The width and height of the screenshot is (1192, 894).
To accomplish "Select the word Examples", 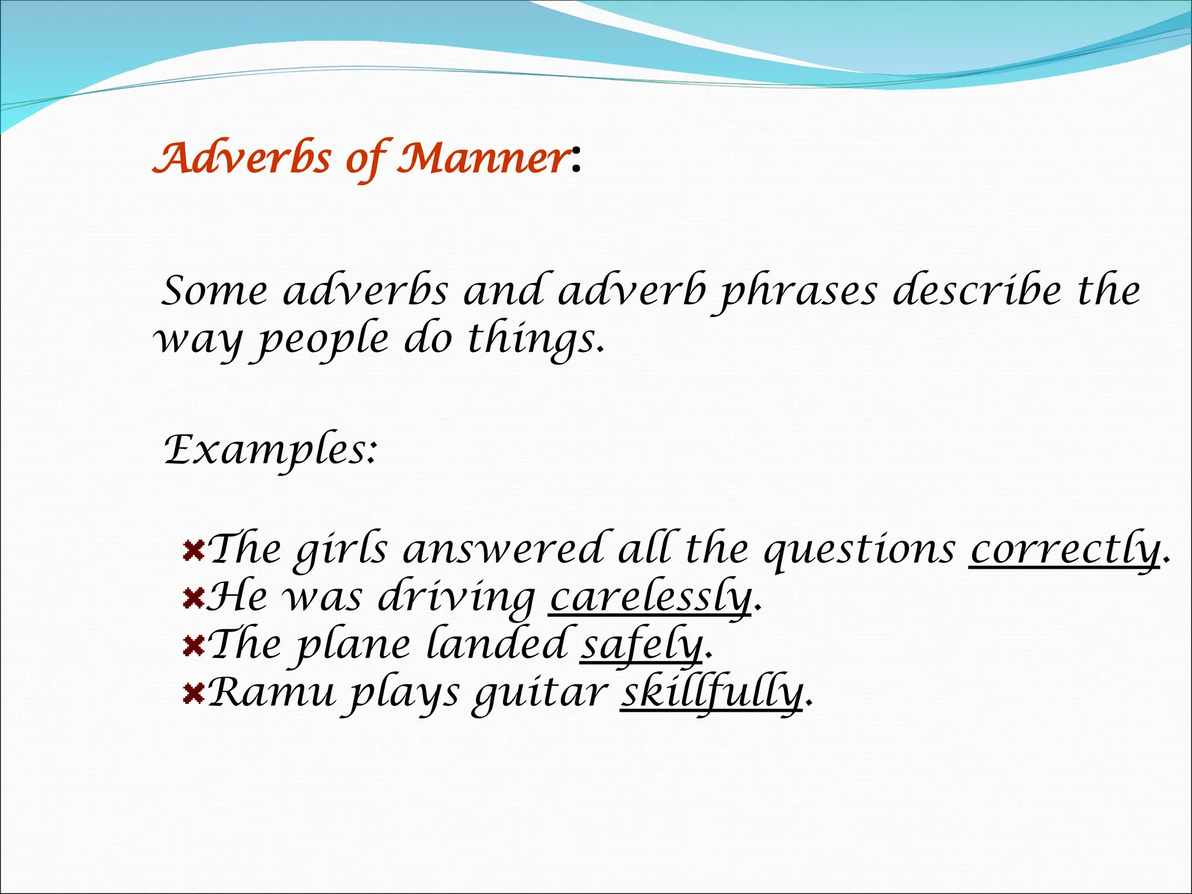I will coord(269,450).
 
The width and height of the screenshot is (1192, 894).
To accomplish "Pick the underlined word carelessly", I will coord(650,598).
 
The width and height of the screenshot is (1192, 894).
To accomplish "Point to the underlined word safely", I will coord(641,645).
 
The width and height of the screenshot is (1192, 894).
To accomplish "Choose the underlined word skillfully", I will coord(711,693).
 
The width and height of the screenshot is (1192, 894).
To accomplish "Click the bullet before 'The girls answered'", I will coord(193,549).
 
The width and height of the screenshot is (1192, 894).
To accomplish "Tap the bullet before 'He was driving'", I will coord(193,598).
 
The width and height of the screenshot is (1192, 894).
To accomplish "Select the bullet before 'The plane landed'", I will coord(193,645).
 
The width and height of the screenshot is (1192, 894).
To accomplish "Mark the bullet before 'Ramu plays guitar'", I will coord(193,693).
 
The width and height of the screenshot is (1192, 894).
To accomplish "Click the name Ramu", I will coord(271,693).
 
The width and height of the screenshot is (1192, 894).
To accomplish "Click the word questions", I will coord(859,551).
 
